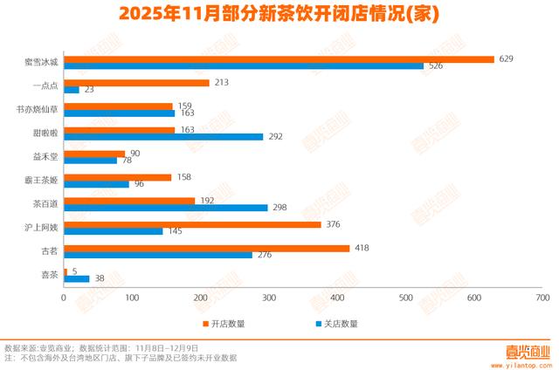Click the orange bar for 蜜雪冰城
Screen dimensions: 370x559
click(x=279, y=59)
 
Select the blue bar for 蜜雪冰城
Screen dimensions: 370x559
click(x=244, y=66)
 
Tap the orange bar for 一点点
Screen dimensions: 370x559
click(x=137, y=83)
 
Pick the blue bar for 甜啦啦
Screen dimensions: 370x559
click(x=164, y=136)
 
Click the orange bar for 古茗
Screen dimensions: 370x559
click(x=207, y=248)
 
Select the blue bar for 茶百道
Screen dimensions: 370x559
click(x=166, y=207)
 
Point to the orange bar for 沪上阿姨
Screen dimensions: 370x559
click(x=192, y=223)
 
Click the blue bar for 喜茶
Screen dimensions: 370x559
click(x=77, y=278)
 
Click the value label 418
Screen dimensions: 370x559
click(x=360, y=248)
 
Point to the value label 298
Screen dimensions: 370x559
click(x=279, y=207)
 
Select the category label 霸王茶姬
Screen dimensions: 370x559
click(x=43, y=180)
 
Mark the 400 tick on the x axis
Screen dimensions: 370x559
click(x=338, y=298)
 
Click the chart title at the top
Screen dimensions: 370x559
click(x=279, y=14)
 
